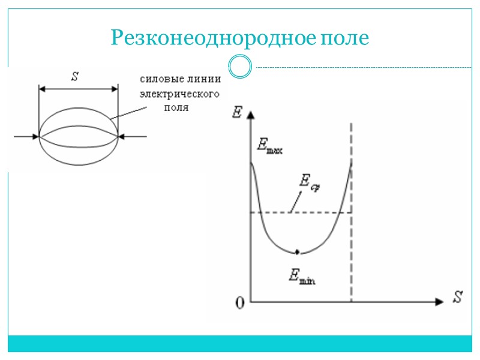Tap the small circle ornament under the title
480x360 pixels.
tap(240, 67)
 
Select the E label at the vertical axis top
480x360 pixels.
tap(236, 112)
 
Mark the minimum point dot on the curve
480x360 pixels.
tap(298, 251)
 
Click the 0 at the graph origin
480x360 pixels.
tap(240, 303)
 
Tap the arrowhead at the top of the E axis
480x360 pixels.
tap(251, 112)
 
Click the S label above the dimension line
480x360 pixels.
tap(75, 76)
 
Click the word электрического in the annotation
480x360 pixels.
tap(179, 94)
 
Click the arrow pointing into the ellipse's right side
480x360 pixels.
tap(133, 137)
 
